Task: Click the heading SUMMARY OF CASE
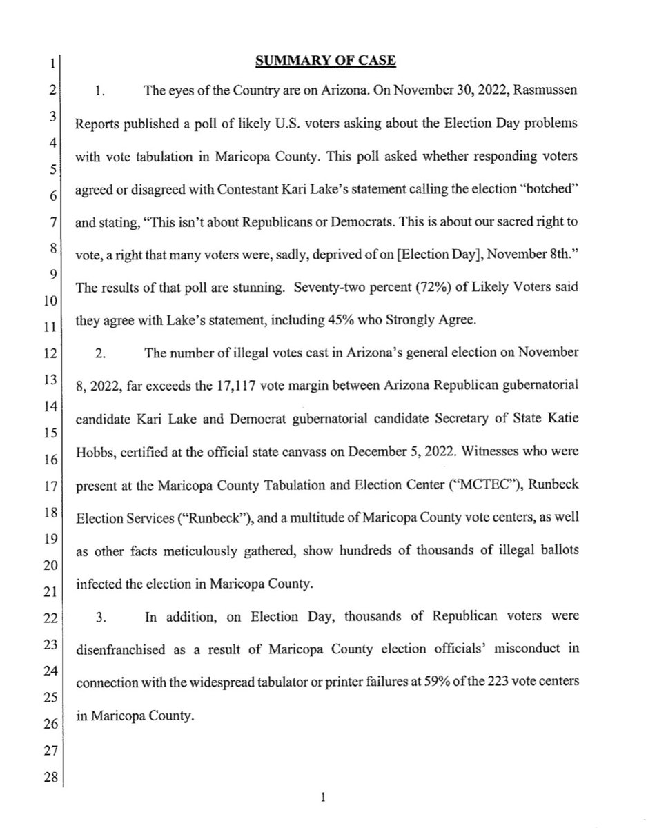[326, 61]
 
